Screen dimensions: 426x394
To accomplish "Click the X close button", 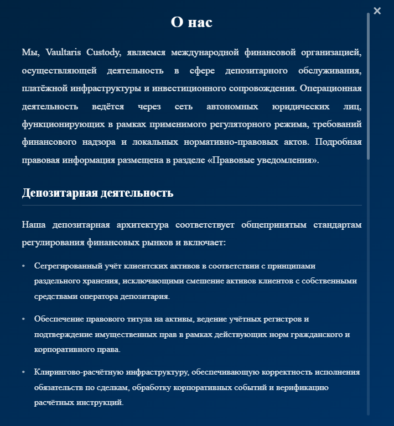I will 377,10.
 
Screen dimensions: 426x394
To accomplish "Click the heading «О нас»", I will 191,22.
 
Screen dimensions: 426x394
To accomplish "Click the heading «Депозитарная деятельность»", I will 97,193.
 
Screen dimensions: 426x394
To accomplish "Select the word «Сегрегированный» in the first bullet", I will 65,266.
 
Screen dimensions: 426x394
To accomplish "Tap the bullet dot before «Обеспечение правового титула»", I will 23,319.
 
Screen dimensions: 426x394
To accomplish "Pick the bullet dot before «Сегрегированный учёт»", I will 23,266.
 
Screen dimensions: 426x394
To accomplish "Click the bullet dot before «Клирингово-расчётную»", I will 23,373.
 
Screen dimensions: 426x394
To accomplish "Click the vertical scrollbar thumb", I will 368,86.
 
